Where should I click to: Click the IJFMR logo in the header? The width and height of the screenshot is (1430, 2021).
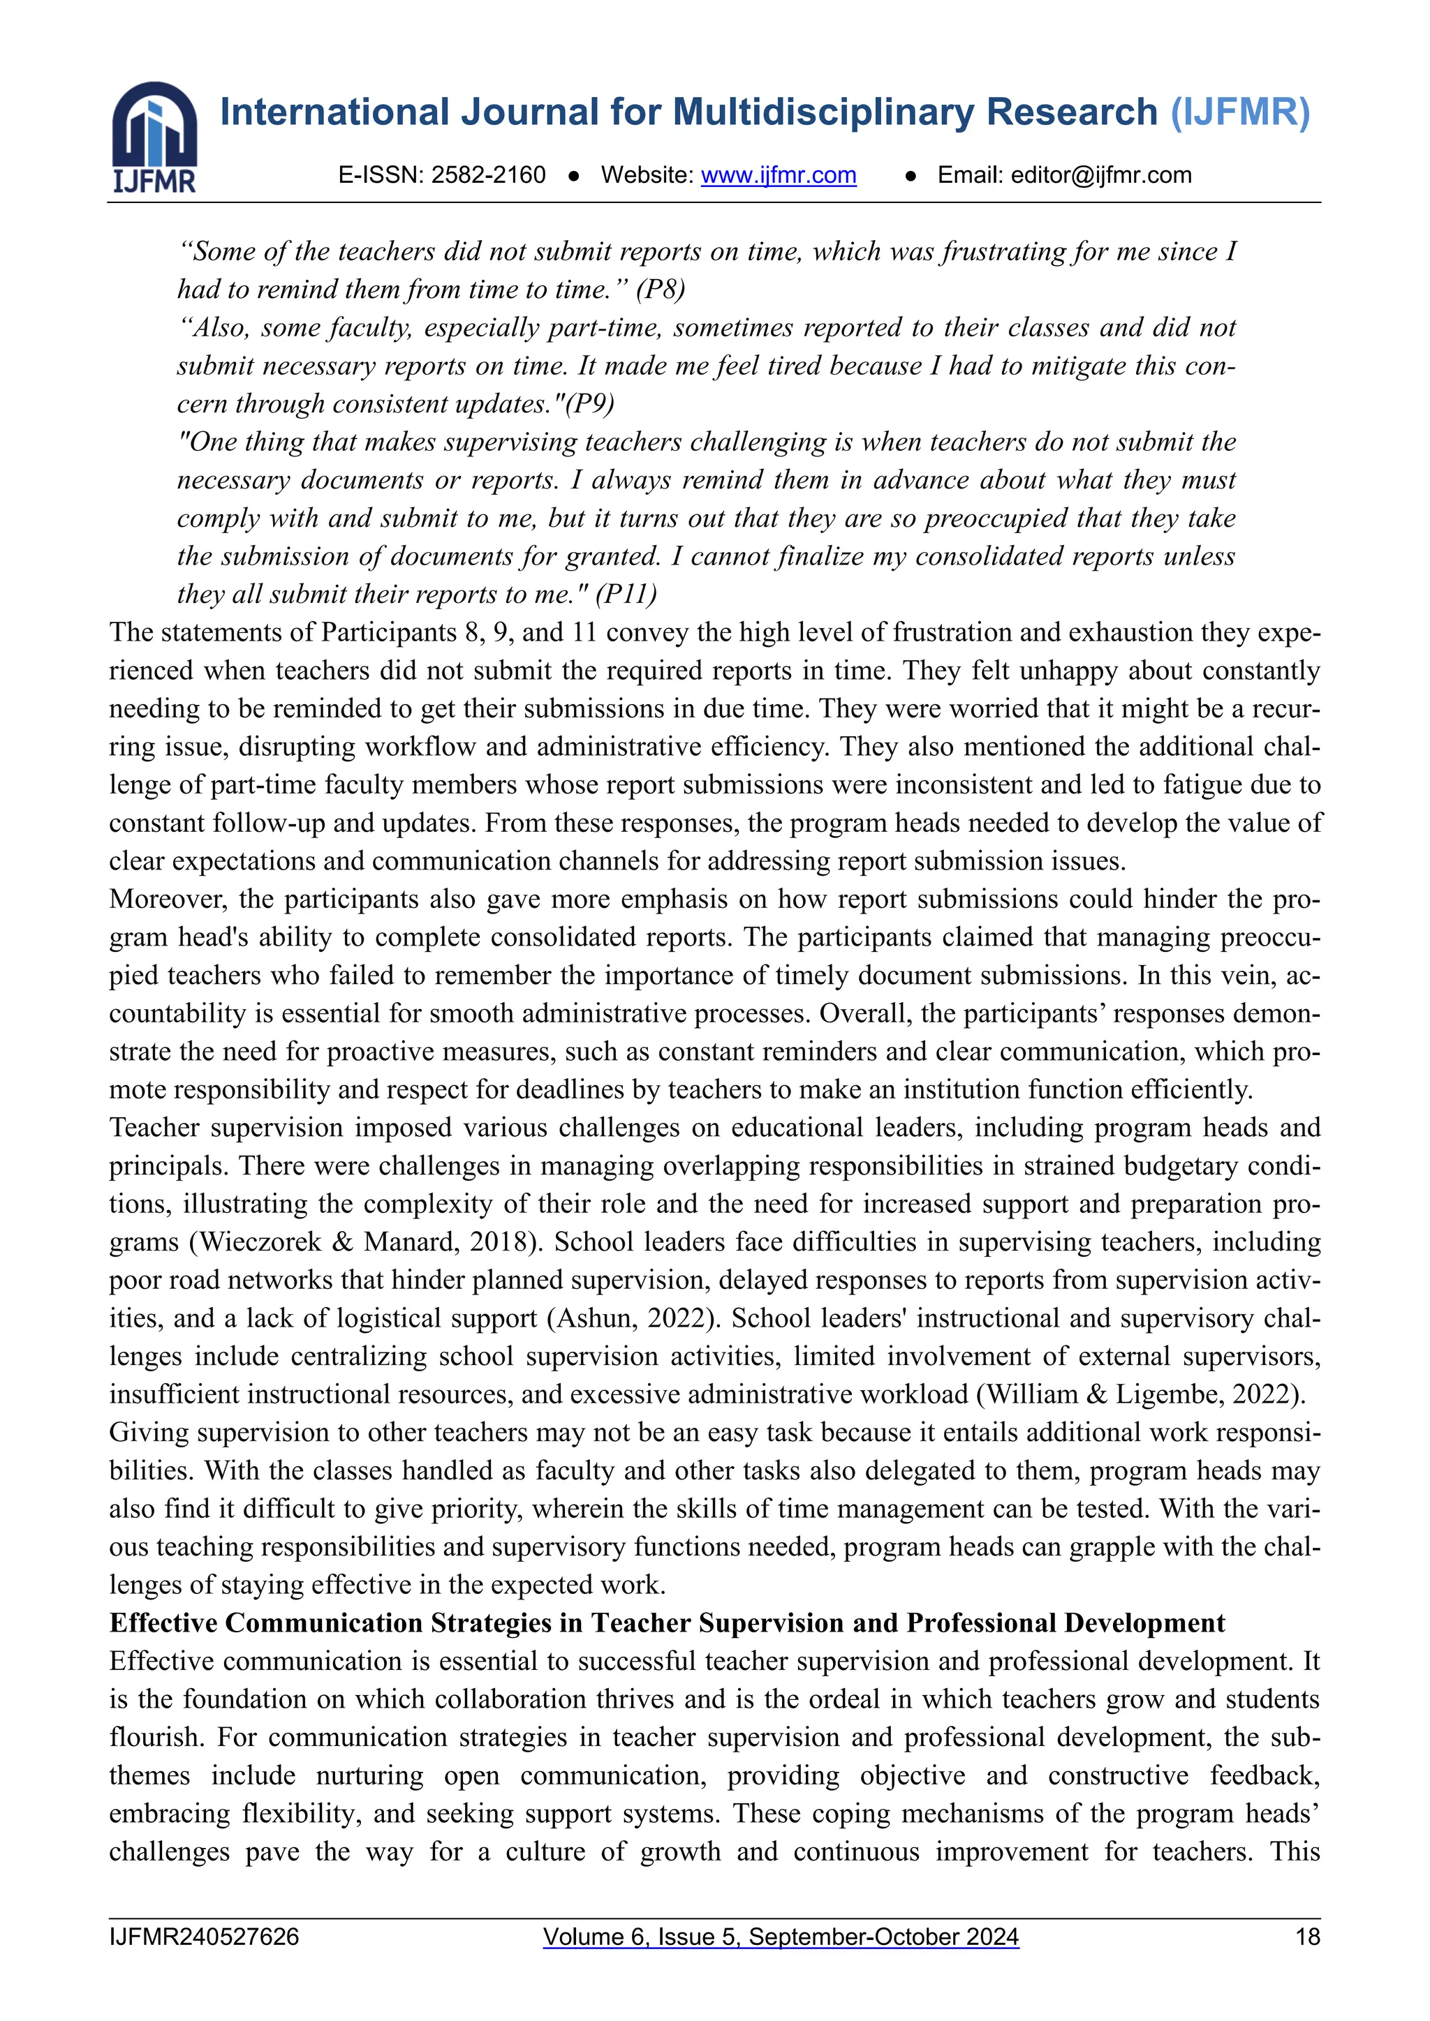point(154,137)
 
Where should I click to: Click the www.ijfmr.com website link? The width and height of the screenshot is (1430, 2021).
point(779,175)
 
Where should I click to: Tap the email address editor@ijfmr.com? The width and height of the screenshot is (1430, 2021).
point(1100,175)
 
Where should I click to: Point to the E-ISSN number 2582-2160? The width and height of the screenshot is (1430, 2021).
point(488,175)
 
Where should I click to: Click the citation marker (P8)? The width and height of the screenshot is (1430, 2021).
point(660,290)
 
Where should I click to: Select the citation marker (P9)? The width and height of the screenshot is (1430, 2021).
point(589,404)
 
